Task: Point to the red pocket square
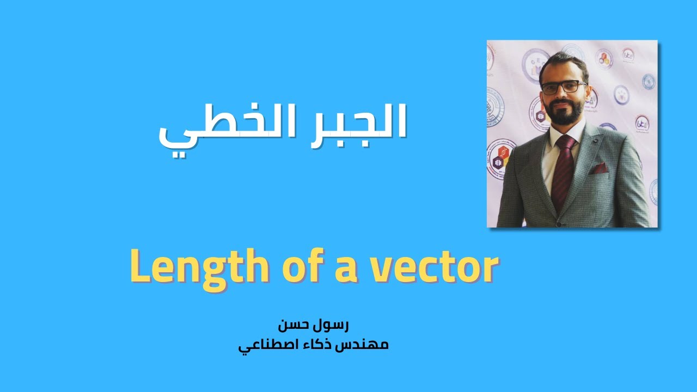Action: pos(601,167)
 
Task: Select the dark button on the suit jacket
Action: pos(559,222)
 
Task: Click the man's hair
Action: pos(564,63)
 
